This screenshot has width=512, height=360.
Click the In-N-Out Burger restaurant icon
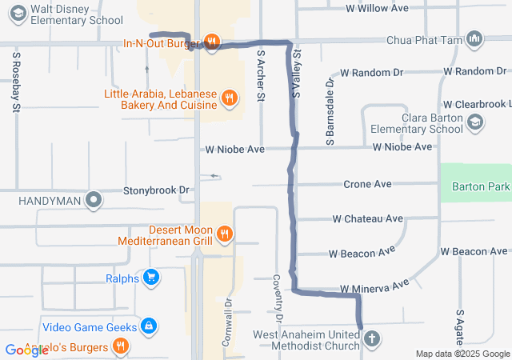point(211,42)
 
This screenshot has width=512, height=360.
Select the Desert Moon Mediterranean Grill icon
point(226,234)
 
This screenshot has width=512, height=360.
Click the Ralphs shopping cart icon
point(150,278)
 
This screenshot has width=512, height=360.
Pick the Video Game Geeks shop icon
point(148,326)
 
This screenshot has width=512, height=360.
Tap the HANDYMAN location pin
point(94,199)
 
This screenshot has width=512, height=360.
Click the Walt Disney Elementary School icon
point(17,11)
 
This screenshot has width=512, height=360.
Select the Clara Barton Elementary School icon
point(475,122)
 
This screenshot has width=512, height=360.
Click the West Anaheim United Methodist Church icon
point(371,339)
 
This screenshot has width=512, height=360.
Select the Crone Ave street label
point(367,184)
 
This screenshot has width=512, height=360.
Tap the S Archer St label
point(261,76)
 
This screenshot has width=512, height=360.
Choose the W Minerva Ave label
point(374,286)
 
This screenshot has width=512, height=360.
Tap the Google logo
point(26,350)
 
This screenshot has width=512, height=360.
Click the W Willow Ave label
point(377,8)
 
